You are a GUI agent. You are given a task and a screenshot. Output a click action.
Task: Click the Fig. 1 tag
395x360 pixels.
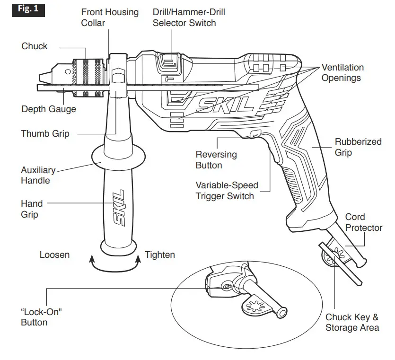tap(28, 9)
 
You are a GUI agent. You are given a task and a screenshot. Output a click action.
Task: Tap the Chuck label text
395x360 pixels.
tap(35, 46)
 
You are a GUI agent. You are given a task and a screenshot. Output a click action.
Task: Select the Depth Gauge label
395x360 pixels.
tap(49, 109)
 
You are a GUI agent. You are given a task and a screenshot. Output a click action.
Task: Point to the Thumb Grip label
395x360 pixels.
tap(45, 133)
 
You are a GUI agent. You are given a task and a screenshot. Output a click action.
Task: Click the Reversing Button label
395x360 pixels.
tap(216, 160)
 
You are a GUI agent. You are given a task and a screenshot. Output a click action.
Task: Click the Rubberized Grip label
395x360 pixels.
tap(358, 147)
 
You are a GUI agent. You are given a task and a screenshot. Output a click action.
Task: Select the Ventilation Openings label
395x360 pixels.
tap(342, 72)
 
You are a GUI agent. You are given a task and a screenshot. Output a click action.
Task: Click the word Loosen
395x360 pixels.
tap(54, 255)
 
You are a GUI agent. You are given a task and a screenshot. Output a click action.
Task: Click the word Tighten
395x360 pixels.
tap(160, 255)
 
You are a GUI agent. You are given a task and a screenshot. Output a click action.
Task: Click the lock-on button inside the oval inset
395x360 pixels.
tap(226, 286)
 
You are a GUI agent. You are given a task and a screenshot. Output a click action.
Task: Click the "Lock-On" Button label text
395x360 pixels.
tap(42, 317)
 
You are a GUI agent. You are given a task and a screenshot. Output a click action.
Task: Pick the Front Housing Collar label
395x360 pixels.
tap(110, 18)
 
